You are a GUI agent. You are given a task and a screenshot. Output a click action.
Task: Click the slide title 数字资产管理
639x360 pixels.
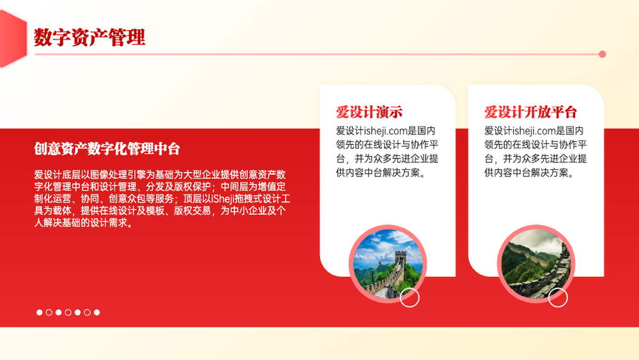(89, 37)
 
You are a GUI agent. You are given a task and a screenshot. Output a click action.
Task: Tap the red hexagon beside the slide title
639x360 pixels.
(12, 38)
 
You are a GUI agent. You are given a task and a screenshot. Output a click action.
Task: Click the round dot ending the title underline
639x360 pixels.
(603, 54)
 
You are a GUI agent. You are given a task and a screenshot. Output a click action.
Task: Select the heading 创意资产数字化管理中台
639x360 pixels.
(107, 149)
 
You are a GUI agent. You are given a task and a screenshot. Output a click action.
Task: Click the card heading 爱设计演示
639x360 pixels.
(369, 112)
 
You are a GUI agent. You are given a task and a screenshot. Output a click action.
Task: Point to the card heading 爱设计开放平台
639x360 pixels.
(530, 112)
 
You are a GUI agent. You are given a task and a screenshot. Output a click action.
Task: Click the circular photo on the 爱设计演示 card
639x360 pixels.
(388, 264)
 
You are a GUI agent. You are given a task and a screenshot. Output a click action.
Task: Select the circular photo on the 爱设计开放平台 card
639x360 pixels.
(536, 264)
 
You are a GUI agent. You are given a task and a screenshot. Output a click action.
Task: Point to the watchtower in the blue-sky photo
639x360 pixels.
(401, 258)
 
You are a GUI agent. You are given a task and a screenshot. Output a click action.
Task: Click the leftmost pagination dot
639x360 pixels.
(40, 312)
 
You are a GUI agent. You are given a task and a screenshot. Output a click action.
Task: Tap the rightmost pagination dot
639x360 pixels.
(96, 312)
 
